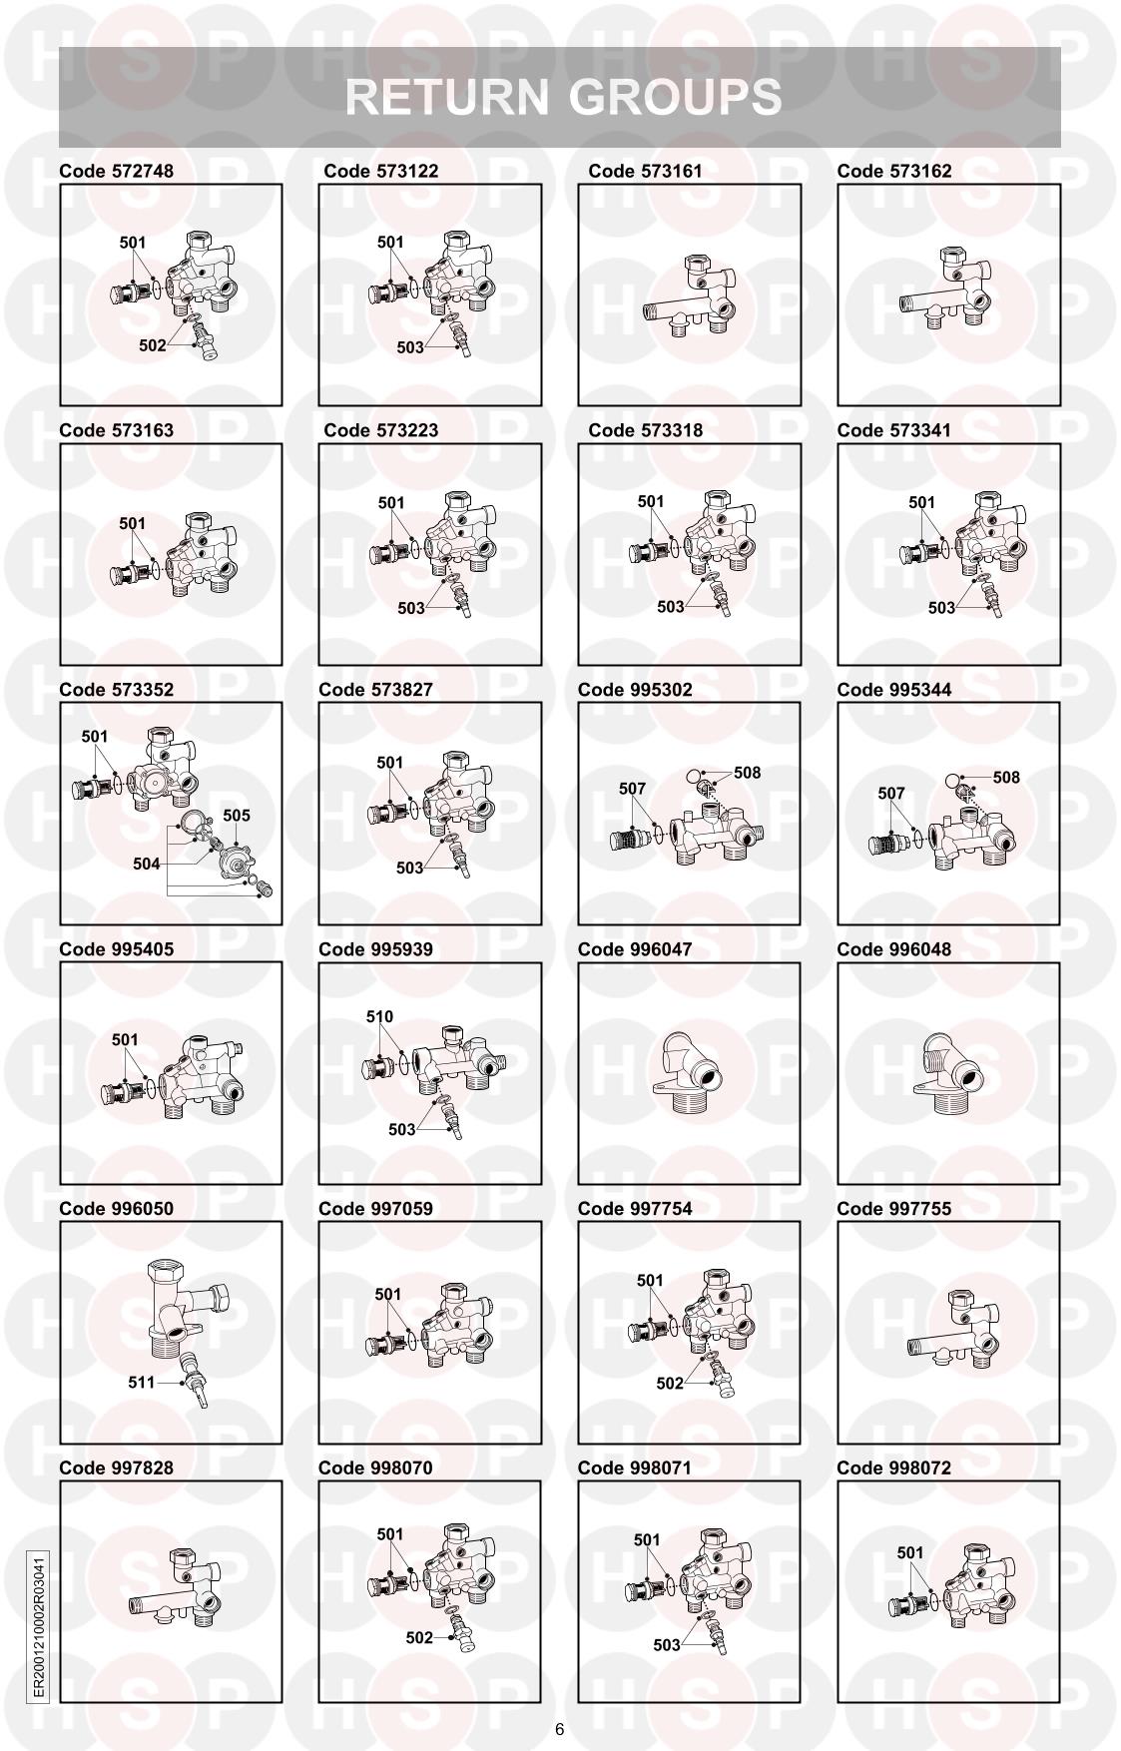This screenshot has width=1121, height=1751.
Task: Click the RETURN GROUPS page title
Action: click(563, 97)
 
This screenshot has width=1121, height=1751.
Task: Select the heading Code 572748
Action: click(116, 171)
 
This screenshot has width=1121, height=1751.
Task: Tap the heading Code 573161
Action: click(645, 171)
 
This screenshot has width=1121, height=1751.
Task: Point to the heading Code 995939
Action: click(375, 949)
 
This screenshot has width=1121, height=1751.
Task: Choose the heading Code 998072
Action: click(893, 1468)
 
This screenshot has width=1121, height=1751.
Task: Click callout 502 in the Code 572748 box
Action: click(152, 345)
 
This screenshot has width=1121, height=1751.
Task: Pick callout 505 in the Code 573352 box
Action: click(237, 816)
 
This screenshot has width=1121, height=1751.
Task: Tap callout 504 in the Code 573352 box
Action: click(147, 865)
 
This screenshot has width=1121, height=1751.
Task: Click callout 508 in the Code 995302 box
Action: click(747, 773)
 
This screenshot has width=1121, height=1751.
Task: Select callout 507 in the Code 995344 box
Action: click(891, 794)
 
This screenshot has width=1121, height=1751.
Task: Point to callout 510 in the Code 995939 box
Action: click(379, 1017)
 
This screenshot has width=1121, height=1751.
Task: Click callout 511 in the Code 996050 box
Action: click(142, 1383)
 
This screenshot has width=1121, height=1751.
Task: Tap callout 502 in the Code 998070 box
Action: click(419, 1638)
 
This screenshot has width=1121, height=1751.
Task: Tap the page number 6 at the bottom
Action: click(559, 1729)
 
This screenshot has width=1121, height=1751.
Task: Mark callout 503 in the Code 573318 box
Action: click(671, 607)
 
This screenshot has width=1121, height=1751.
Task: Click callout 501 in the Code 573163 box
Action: click(133, 523)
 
